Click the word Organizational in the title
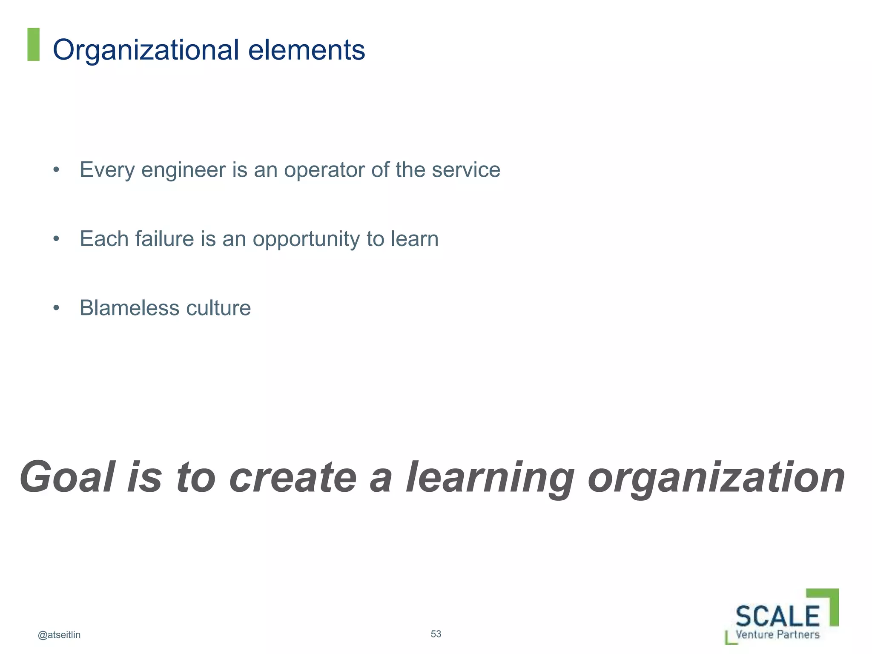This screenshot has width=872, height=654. pos(146,50)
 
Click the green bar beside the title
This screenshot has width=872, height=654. pos(33,44)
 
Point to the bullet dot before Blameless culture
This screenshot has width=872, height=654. pos(56,308)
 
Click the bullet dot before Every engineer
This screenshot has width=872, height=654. pos(56,170)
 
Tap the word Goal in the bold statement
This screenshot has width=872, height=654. pos(68,477)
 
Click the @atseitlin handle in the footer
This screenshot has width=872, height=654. pos(59,635)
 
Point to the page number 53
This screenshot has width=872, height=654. pos(436,634)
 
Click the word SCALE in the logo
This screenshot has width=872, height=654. pos(777,616)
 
